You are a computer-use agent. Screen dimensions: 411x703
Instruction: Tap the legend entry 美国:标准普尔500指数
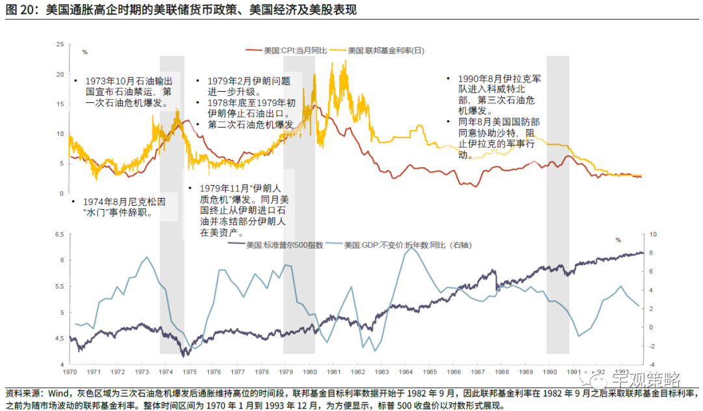276,245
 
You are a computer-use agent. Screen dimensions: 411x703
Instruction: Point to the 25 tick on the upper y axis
60,44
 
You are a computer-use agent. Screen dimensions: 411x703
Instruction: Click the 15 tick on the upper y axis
60,104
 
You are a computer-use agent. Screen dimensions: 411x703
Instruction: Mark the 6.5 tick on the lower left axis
59,234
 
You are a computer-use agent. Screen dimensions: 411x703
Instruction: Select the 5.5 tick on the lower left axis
59,287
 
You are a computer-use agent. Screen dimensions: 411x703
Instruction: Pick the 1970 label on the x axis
68,373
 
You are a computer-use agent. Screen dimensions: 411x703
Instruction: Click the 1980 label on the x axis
309,373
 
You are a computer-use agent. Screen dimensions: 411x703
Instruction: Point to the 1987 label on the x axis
476,373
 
